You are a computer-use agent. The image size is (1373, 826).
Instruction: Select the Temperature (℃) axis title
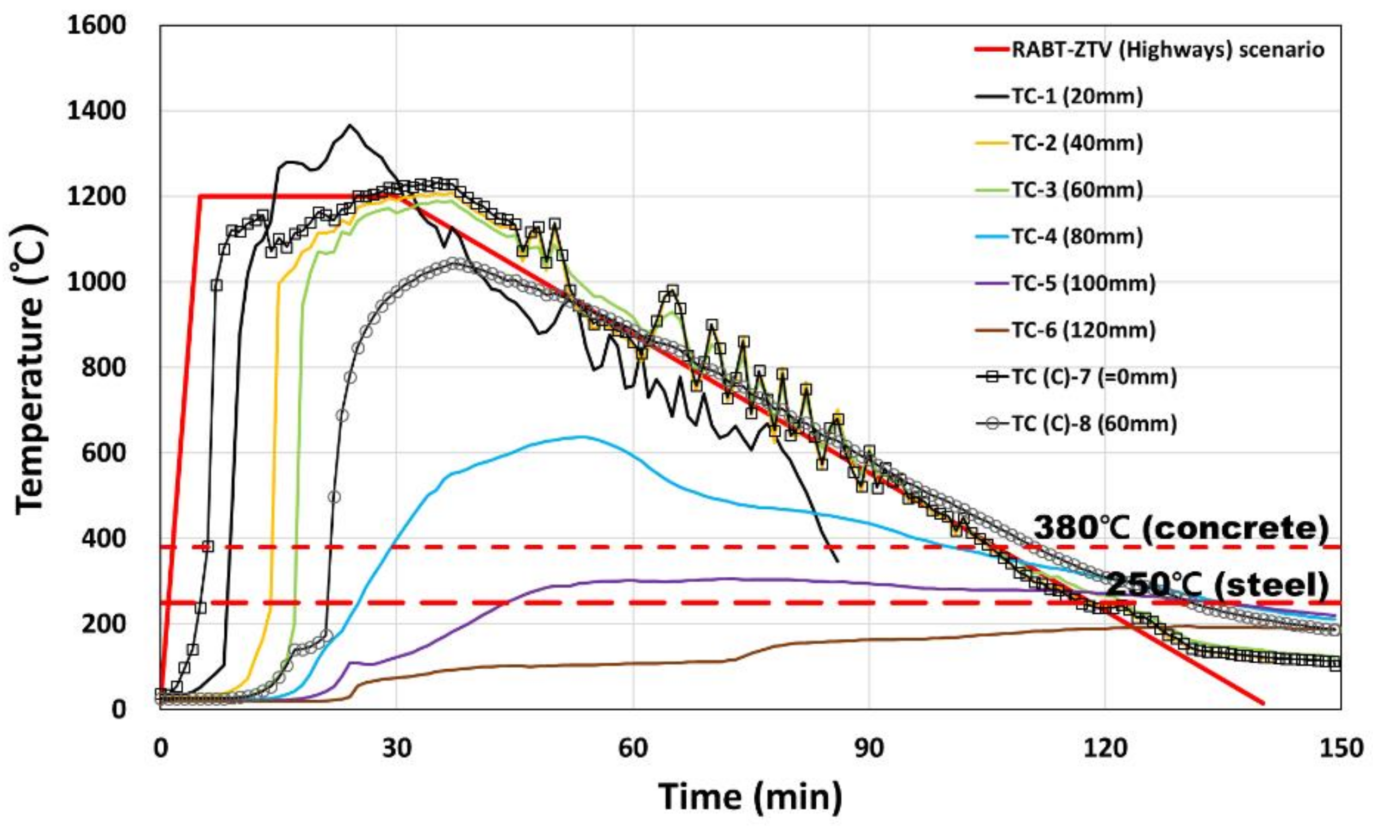30,367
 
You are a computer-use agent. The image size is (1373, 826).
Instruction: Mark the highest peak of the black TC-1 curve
349,125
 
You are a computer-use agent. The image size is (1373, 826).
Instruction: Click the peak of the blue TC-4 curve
582,436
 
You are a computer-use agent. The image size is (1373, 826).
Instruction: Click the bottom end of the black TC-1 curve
838,562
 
